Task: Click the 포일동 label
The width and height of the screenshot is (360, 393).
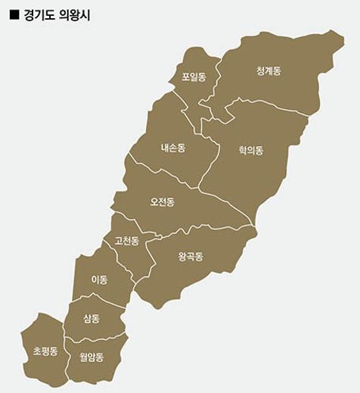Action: (194, 76)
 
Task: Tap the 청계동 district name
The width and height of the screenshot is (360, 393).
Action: (268, 71)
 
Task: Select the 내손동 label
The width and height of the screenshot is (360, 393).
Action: (172, 148)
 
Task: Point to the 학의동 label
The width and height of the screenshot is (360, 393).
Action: (250, 151)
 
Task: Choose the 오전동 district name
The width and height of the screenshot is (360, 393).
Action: (162, 202)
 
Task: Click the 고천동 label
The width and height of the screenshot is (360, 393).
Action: (126, 242)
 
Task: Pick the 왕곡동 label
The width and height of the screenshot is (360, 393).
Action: (191, 257)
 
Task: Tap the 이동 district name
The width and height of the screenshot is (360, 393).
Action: (99, 279)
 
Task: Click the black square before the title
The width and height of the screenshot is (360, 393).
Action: (14, 14)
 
